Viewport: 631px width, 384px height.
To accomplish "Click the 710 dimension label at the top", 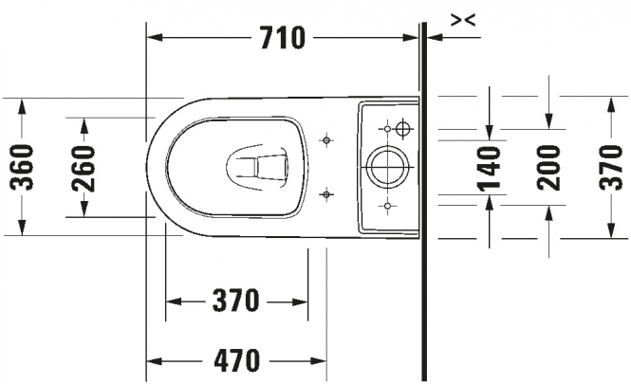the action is click(x=283, y=38).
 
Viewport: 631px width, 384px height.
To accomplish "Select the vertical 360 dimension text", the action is click(x=21, y=167).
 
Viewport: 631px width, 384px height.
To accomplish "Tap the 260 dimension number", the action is click(x=84, y=168).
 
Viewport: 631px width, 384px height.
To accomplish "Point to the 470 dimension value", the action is click(x=236, y=360).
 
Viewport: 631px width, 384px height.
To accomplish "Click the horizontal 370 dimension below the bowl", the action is click(x=236, y=301).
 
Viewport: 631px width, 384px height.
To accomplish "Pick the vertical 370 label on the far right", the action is click(x=611, y=167).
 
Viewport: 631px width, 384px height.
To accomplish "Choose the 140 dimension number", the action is click(x=489, y=168).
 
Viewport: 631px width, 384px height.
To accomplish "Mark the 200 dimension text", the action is click(x=548, y=168).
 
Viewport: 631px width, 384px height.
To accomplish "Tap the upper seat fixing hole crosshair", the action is click(x=326, y=140).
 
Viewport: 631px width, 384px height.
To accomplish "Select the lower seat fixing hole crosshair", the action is click(x=326, y=194).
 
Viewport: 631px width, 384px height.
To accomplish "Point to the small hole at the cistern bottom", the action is click(x=387, y=206).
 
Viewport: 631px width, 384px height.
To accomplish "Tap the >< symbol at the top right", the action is click(x=463, y=19).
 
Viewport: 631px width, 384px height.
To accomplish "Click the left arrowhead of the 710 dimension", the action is click(x=155, y=38).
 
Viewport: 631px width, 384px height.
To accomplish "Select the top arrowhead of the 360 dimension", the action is click(x=22, y=108).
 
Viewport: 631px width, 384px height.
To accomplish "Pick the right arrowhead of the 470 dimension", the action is click(x=318, y=360).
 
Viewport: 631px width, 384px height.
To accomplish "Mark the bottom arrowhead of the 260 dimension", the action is click(x=84, y=208).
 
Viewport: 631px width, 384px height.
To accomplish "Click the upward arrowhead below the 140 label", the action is click(x=489, y=204).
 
